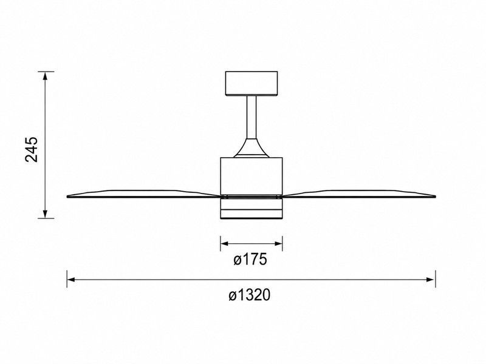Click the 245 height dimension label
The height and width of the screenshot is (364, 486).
tap(32, 149)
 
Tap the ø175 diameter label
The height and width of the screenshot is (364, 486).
tap(250, 260)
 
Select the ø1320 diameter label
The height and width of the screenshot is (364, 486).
tap(250, 295)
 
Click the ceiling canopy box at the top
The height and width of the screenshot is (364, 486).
tap(252, 84)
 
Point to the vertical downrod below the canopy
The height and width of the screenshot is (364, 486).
tap(252, 117)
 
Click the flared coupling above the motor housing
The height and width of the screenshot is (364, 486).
tap(252, 148)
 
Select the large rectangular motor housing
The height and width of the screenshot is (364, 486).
tap(252, 176)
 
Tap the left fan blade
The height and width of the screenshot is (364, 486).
tap(144, 194)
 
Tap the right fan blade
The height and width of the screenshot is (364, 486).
tap(358, 194)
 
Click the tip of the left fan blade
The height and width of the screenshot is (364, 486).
tap(67, 196)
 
